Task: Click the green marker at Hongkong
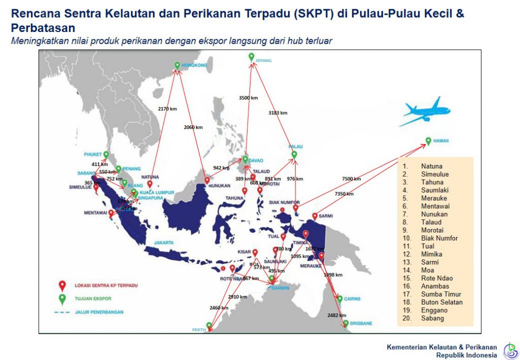[x=177, y=65]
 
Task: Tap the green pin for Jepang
[x=251, y=57]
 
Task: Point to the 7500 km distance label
[x=351, y=179]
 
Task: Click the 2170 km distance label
[x=167, y=109]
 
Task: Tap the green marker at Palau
[x=294, y=154]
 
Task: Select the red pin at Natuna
[x=150, y=184]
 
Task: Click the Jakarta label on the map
[x=164, y=243]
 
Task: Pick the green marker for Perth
[x=209, y=325]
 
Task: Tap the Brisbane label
[x=361, y=323]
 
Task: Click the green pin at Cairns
[x=340, y=299]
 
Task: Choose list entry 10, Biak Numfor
[x=439, y=238]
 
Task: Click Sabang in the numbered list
[x=432, y=318]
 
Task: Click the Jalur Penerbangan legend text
[x=99, y=312]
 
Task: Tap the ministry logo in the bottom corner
[x=510, y=350]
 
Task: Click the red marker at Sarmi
[x=315, y=216]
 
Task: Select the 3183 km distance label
[x=278, y=113]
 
